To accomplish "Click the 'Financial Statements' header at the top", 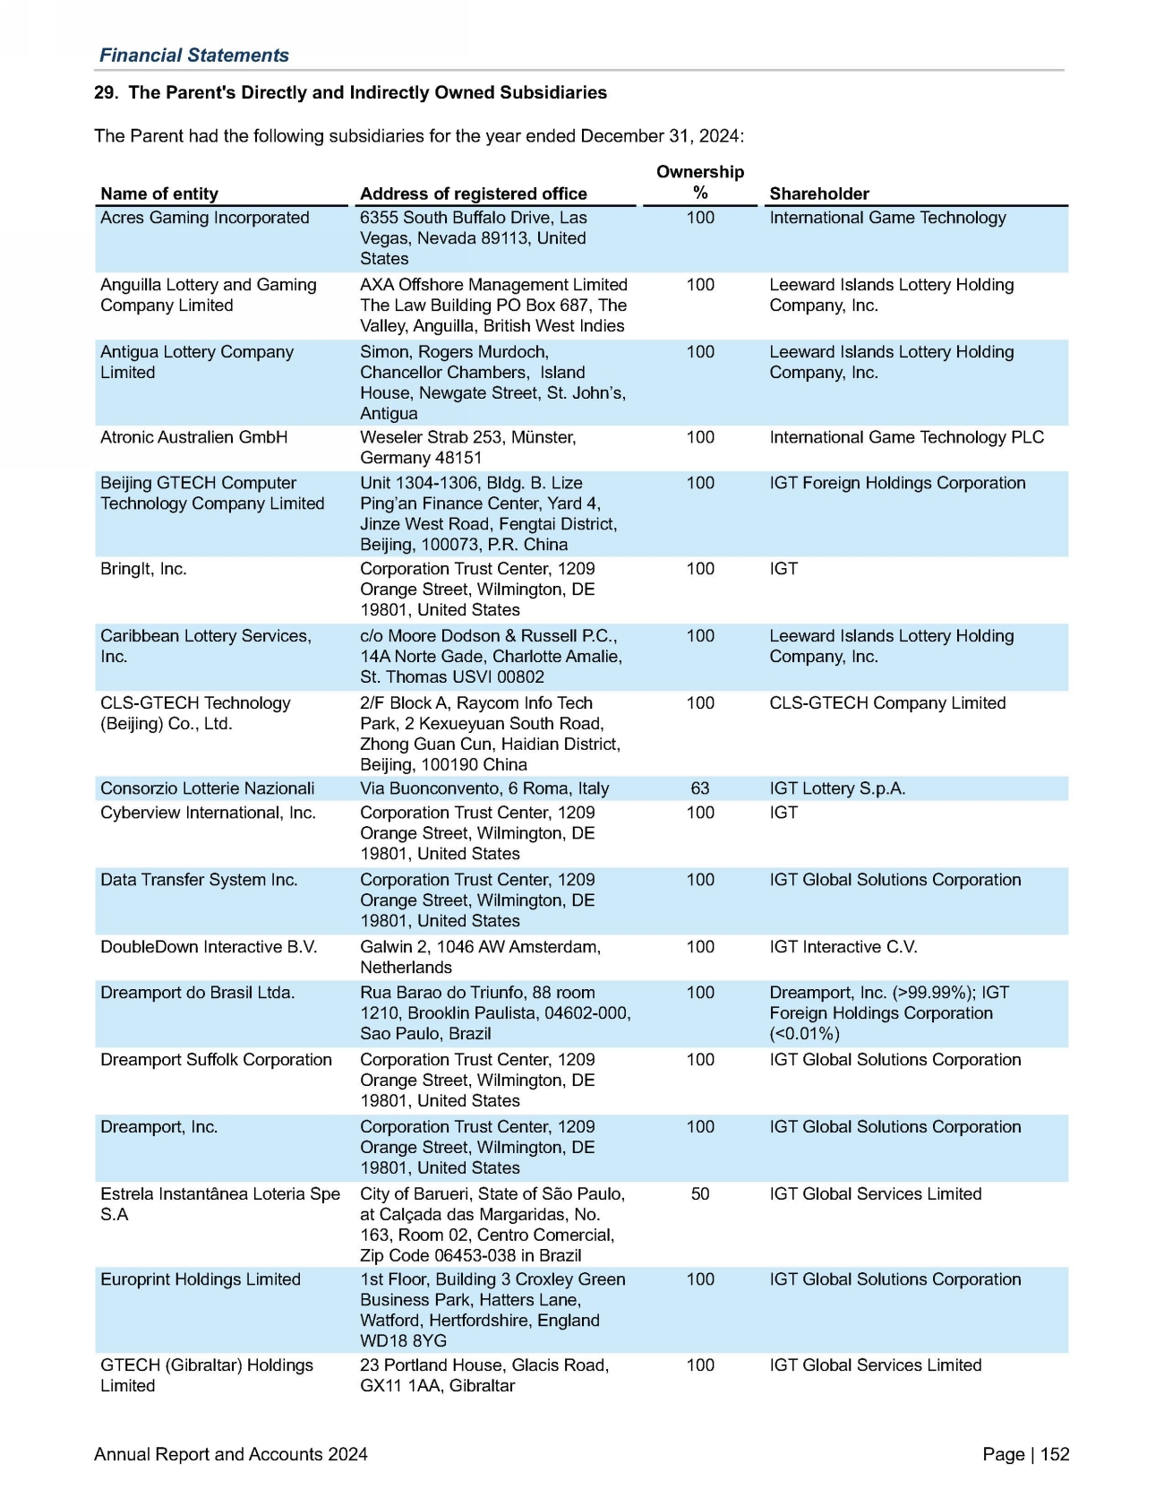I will tap(193, 56).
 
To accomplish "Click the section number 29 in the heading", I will tap(105, 93).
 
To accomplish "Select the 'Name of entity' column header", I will tap(159, 194).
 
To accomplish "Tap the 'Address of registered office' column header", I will tap(473, 194).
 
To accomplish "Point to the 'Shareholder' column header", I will tap(819, 194).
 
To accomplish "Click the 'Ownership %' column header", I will tap(700, 182).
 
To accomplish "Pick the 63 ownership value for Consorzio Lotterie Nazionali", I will tap(700, 788).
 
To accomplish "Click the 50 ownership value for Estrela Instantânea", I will tap(700, 1194).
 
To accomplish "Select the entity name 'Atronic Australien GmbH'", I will tap(194, 437).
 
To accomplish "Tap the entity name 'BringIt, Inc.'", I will tap(143, 569).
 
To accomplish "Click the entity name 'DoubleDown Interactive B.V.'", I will tap(209, 947).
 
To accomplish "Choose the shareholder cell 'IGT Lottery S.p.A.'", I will tap(837, 788).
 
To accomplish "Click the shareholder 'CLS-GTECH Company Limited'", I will tap(887, 703).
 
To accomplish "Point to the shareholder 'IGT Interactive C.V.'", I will tap(843, 947).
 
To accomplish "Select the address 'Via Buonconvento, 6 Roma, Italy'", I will tap(484, 788).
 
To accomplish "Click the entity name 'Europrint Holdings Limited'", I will tap(201, 1279).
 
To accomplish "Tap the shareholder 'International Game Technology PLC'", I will tap(906, 437).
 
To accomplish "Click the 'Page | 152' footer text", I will tap(1025, 1454).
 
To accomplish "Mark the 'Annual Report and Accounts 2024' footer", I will tap(231, 1454).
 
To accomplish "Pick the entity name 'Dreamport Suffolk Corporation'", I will tap(216, 1060).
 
